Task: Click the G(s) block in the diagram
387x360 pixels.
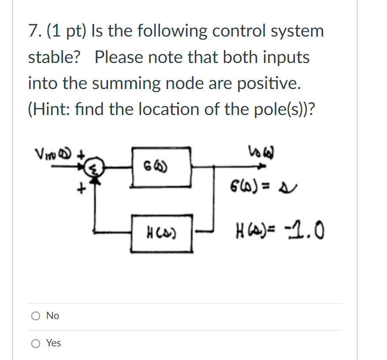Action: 161,167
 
